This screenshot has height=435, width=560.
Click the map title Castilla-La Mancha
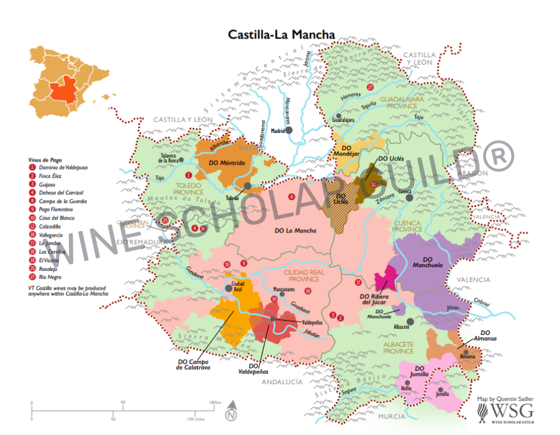click(281, 34)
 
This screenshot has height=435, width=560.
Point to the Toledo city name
click(232, 198)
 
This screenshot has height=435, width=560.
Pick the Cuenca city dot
click(409, 198)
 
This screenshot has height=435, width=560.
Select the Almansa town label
click(467, 356)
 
